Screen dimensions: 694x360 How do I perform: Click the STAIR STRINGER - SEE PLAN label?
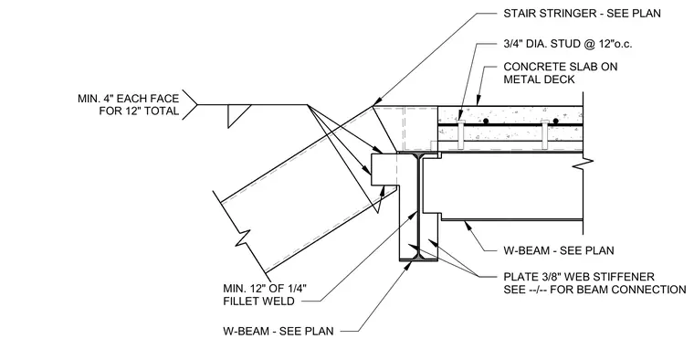(x=582, y=14)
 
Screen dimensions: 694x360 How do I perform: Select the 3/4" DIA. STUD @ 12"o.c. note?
(x=568, y=44)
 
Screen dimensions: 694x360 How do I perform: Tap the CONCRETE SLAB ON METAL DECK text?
(x=561, y=73)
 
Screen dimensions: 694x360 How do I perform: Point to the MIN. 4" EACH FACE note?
(x=129, y=99)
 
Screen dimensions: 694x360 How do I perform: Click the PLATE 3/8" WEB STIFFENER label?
(x=579, y=277)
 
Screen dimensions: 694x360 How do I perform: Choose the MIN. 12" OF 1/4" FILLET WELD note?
(x=265, y=295)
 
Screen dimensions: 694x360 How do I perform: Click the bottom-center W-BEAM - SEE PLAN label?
(x=279, y=331)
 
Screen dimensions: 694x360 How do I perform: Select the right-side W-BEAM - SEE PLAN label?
(x=559, y=250)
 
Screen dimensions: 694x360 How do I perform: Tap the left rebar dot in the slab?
(x=486, y=121)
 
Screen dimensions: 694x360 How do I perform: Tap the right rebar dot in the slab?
(x=555, y=121)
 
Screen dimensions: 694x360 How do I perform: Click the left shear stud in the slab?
(x=461, y=133)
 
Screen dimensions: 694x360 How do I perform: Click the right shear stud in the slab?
(x=545, y=134)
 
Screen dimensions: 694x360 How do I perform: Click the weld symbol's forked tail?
(x=189, y=104)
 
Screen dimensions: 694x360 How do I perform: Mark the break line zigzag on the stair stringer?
(x=243, y=237)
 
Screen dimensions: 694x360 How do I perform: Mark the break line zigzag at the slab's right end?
(x=584, y=164)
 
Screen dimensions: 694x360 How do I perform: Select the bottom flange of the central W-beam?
(x=418, y=259)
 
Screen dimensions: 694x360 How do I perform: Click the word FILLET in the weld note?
(x=245, y=302)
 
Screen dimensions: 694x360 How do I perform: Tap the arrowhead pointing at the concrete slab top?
(x=478, y=101)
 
